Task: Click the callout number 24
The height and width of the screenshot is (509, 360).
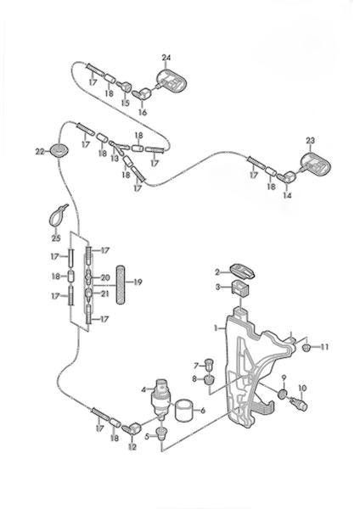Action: coord(166,58)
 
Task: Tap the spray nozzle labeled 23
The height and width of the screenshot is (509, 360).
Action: coord(314,163)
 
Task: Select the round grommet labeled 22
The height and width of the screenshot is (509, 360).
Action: coord(59,151)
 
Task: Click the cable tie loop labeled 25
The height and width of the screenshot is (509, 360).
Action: coord(58,215)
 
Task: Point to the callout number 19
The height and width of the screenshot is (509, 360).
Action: coord(138,282)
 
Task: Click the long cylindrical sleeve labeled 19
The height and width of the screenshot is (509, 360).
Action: coord(121,284)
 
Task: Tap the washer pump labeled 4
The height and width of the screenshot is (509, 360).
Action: coord(160,399)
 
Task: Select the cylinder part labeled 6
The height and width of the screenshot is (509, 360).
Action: coord(183,411)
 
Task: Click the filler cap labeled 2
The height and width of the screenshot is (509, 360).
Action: coord(242,271)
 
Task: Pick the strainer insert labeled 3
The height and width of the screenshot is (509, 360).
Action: coord(240,288)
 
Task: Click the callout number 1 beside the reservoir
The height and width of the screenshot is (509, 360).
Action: coord(216,327)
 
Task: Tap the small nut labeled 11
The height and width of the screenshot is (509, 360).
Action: coord(306,348)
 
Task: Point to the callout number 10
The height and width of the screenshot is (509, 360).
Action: coord(302,388)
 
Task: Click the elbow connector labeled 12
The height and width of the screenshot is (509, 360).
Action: coord(133,428)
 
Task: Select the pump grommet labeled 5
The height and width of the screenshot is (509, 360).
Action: coord(161,433)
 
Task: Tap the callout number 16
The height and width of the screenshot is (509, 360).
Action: coord(143,112)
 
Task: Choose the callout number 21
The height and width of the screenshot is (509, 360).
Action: coord(104,294)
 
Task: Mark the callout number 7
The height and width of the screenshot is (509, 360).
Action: coord(196,366)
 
